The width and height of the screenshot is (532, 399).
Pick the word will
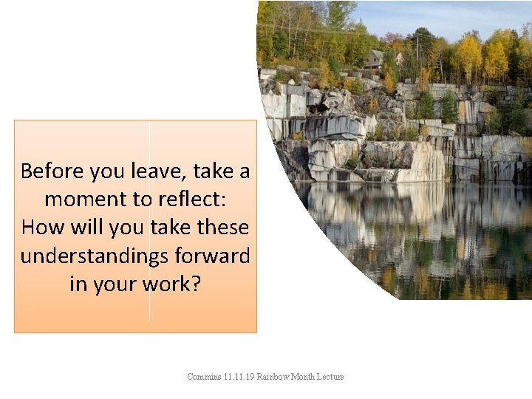pyautogui.click(x=86, y=228)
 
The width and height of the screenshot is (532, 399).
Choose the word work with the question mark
pyautogui.click(x=172, y=284)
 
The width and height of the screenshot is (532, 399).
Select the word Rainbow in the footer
pyautogui.click(x=273, y=377)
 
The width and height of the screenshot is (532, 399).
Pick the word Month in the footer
pyautogui.click(x=304, y=377)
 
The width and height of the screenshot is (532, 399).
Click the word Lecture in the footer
pyautogui.click(x=330, y=377)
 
